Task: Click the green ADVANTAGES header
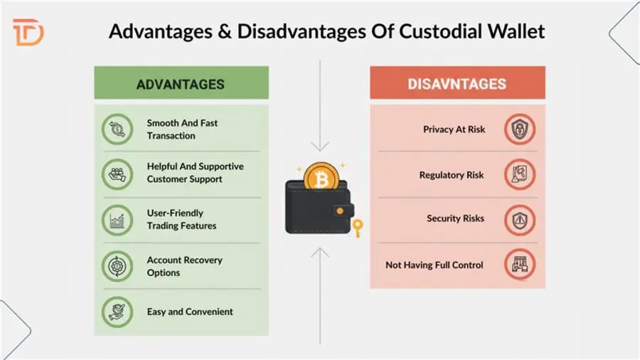point(181,84)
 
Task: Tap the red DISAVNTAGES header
point(457,84)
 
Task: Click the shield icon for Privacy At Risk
point(520,129)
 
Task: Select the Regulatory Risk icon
point(520,174)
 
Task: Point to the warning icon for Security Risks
point(520,219)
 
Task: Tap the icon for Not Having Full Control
point(520,265)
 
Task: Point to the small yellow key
point(358,228)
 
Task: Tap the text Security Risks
point(455,218)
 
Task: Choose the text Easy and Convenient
point(190,312)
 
